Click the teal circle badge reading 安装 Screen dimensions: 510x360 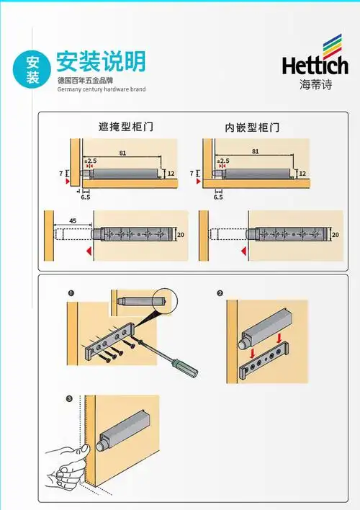pyautogui.click(x=33, y=69)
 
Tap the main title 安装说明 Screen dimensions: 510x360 pyautogui.click(x=100, y=61)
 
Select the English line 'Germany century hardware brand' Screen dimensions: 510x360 pyautogui.click(x=101, y=89)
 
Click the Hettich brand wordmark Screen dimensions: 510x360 pyautogui.click(x=314, y=66)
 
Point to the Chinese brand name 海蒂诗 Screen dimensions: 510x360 pyautogui.click(x=314, y=83)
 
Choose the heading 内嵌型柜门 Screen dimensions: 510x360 pyautogui.click(x=252, y=127)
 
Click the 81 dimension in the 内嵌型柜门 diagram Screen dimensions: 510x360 pyautogui.click(x=256, y=152)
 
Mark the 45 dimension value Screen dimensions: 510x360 pyautogui.click(x=73, y=221)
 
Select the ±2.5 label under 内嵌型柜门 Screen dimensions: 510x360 pyautogui.click(x=223, y=161)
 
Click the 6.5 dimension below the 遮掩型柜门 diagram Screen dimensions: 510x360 pyautogui.click(x=86, y=196)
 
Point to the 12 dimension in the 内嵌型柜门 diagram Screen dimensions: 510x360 pyautogui.click(x=302, y=174)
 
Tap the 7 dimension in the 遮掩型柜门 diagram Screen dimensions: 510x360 pyautogui.click(x=60, y=174)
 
